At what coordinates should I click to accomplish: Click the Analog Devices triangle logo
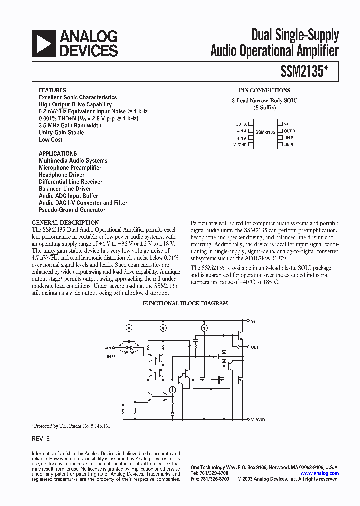[43, 43]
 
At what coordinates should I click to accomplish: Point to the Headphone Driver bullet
[62, 175]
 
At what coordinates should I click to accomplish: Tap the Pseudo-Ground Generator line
[72, 210]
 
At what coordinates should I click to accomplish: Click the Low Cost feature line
[51, 140]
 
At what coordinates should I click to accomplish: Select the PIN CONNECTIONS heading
[264, 90]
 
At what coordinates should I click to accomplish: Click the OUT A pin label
[241, 124]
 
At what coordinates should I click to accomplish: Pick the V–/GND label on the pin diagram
[240, 145]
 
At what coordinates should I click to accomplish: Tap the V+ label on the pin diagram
[287, 124]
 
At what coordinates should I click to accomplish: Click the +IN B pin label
[288, 145]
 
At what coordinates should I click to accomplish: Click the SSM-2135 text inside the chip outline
[265, 132]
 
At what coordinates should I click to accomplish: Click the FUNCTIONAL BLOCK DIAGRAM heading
[185, 303]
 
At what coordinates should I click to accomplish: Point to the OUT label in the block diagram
[255, 347]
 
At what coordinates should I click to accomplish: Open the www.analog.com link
[320, 473]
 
